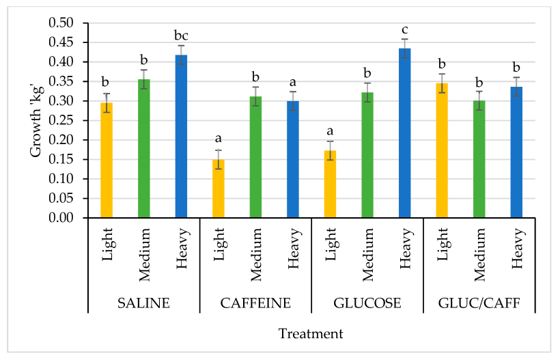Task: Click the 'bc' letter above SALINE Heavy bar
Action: click(x=181, y=36)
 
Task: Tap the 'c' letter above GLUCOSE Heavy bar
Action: click(x=404, y=29)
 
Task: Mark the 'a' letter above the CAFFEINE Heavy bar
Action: click(x=293, y=81)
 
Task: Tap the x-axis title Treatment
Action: click(x=311, y=334)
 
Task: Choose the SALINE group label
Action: click(x=143, y=303)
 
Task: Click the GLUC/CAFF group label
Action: click(x=479, y=303)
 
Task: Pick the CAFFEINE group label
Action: click(x=255, y=303)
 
